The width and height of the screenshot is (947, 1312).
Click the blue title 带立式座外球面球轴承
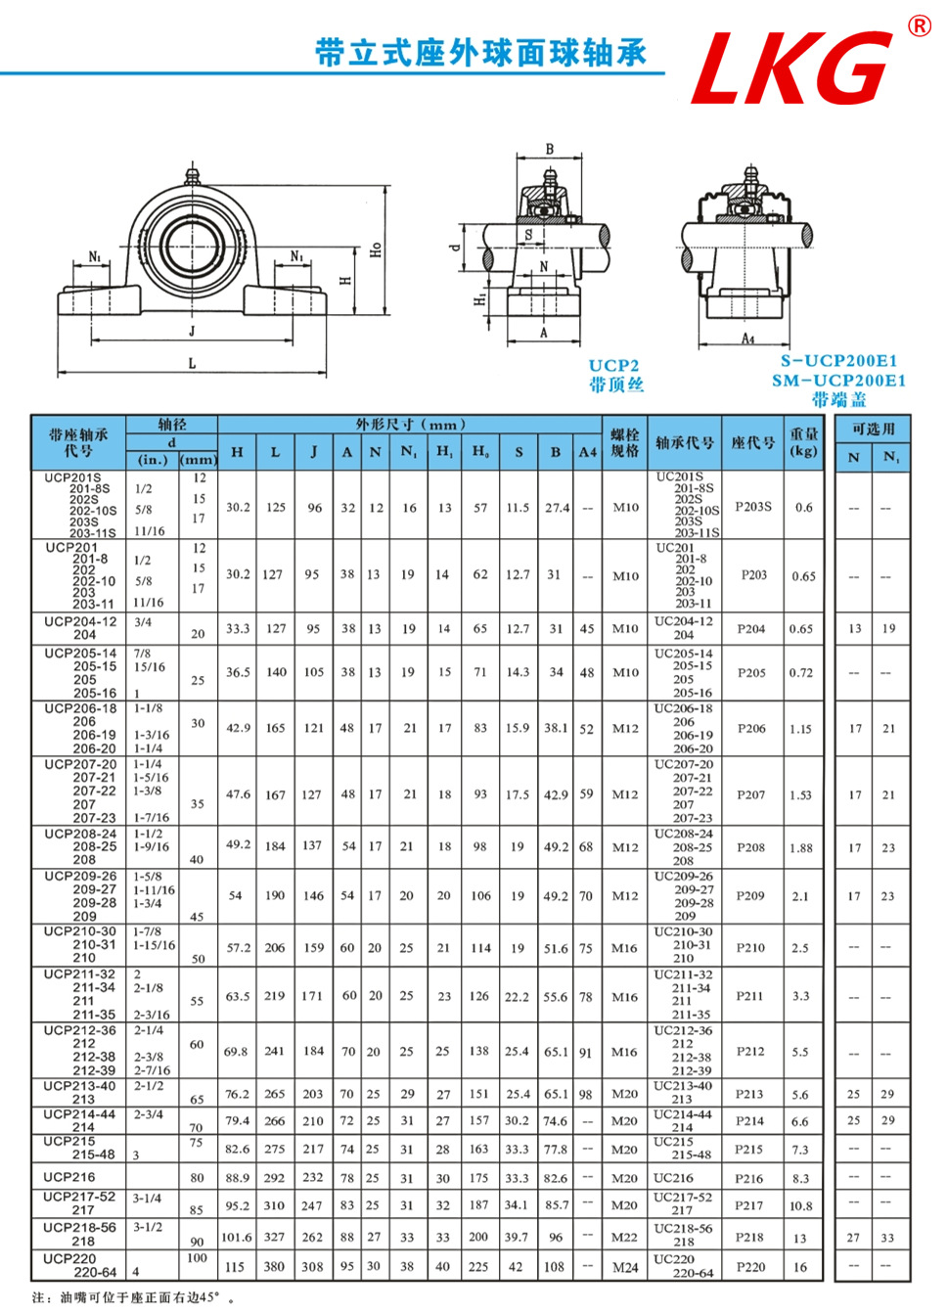pyautogui.click(x=480, y=53)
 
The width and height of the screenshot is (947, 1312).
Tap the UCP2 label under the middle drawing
pyautogui.click(x=614, y=366)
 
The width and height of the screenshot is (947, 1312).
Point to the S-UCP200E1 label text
pyautogui.click(x=838, y=361)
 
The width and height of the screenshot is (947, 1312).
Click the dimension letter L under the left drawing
pyautogui.click(x=192, y=363)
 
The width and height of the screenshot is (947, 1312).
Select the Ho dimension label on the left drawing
pyautogui.click(x=376, y=249)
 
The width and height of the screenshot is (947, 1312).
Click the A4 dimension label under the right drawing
pyautogui.click(x=747, y=339)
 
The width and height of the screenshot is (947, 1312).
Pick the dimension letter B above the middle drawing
pyautogui.click(x=550, y=150)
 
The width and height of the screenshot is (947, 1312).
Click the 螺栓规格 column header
pyautogui.click(x=625, y=442)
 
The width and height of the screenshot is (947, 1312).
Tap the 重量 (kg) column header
pyautogui.click(x=804, y=442)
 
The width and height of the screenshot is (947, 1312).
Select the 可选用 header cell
pyautogui.click(x=873, y=429)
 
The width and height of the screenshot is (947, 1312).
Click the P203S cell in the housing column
pyautogui.click(x=753, y=507)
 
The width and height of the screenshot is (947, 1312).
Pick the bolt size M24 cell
pyautogui.click(x=625, y=1267)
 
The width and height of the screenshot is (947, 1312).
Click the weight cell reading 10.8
pyautogui.click(x=800, y=1206)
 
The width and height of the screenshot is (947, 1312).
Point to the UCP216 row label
pyautogui.click(x=69, y=1177)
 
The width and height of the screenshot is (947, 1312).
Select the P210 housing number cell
pyautogui.click(x=750, y=948)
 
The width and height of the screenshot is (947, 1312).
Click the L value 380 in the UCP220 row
pyautogui.click(x=275, y=1267)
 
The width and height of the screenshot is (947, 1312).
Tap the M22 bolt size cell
pyautogui.click(x=625, y=1238)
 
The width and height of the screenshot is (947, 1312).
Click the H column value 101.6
pyautogui.click(x=237, y=1238)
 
